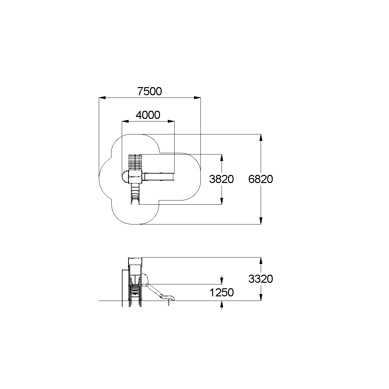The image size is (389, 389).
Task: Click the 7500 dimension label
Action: (150, 91)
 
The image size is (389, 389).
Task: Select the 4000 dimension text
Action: (148, 115)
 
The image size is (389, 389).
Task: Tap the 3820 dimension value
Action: (222, 179)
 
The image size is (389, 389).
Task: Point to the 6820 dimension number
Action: (261, 179)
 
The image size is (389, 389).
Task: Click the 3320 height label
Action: (261, 279)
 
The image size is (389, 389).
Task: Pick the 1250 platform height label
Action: (222, 292)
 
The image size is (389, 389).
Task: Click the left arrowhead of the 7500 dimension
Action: (102, 98)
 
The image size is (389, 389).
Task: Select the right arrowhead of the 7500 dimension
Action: (197, 98)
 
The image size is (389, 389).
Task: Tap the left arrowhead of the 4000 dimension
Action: (125, 121)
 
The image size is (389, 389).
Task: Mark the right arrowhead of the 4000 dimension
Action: (171, 121)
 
